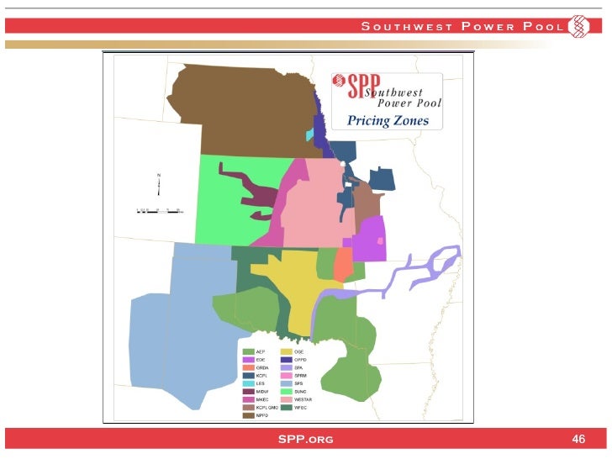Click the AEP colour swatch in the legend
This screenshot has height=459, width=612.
248,351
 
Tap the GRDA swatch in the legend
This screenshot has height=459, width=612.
248,367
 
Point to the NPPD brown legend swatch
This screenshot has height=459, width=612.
248,415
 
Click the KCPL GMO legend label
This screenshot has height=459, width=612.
268,408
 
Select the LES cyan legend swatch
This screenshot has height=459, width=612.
248,383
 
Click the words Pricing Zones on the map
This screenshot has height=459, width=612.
388,121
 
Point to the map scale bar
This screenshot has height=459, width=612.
160,211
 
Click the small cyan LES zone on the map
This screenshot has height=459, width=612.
309,134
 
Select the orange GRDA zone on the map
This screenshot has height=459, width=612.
342,264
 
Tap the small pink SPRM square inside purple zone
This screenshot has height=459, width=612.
380,241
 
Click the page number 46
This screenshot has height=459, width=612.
578,440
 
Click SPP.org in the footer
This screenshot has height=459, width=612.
305,440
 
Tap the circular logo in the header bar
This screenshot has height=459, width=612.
579,27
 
